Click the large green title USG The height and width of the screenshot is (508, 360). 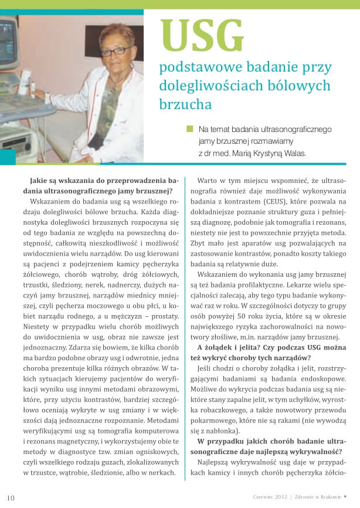202,35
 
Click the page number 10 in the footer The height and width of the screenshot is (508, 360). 11,498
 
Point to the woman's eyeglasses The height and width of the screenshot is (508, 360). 116,50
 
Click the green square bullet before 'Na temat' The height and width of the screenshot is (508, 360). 189,128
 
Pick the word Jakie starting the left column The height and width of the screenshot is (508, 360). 42,180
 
